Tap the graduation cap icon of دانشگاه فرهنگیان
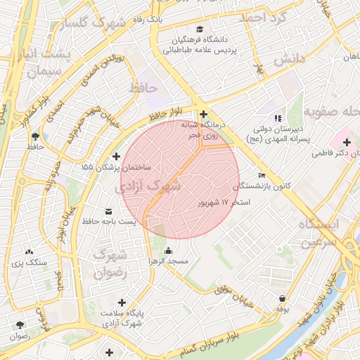200,30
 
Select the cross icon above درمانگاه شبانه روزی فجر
203,114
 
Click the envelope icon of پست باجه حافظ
108,212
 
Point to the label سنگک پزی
29,262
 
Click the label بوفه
282,309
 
